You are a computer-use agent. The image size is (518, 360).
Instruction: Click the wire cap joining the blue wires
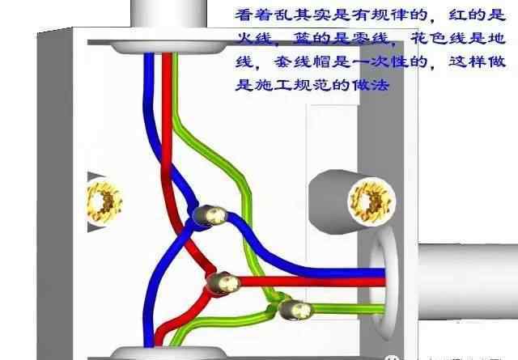click(x=210, y=215)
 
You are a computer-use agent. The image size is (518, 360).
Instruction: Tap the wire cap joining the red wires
click(x=223, y=282)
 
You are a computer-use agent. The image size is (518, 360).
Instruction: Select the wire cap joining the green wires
click(x=295, y=310)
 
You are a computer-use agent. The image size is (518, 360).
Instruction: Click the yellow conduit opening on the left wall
click(x=104, y=201)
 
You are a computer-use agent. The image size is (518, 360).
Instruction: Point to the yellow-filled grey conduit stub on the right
click(x=352, y=201)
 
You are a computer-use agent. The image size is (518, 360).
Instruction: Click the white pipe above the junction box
click(x=169, y=14)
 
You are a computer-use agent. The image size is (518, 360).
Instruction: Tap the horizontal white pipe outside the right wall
click(x=468, y=282)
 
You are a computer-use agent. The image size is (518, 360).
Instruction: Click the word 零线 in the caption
click(x=370, y=38)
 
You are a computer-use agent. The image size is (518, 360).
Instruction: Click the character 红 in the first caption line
click(x=458, y=15)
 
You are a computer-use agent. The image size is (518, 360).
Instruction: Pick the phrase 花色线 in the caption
click(x=439, y=38)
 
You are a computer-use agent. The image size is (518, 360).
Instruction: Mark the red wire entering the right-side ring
click(x=312, y=282)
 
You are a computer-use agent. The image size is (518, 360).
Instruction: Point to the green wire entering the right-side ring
click(x=349, y=309)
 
